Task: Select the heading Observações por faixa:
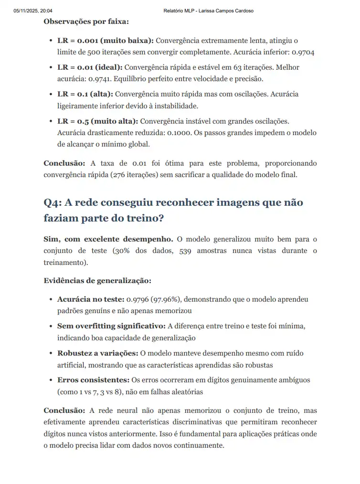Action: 86,21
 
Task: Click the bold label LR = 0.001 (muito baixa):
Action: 105,41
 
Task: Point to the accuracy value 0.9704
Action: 304,52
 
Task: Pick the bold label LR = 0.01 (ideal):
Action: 90,67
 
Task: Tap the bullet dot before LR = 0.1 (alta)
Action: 51,95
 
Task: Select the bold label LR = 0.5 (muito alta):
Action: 97,121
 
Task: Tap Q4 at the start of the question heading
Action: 52,202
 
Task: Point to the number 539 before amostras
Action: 185,251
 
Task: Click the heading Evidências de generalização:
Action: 97,281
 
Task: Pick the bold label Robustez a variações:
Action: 98,353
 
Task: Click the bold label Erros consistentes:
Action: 93,380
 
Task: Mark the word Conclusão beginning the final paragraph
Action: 64,410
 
